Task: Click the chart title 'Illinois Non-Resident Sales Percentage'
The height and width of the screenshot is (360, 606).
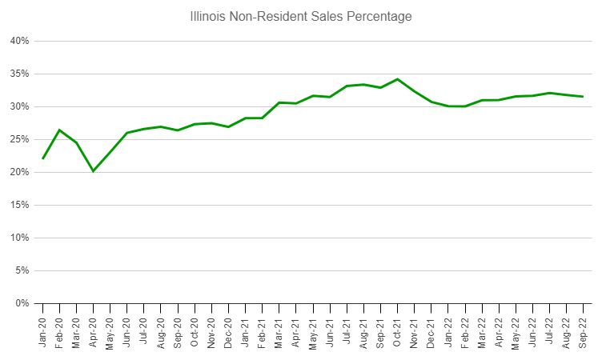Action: click(300, 16)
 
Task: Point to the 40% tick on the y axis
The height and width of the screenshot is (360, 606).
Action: click(20, 41)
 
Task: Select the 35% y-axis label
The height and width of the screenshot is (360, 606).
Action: click(20, 74)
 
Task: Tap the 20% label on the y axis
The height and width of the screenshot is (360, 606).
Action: click(20, 172)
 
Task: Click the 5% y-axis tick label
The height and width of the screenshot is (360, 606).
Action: click(22, 270)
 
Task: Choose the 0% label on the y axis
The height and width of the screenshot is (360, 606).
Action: click(22, 303)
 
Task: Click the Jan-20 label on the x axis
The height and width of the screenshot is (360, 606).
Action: click(42, 329)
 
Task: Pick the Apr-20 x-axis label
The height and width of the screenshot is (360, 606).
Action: click(93, 329)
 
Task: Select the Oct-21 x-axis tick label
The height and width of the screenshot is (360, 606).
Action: click(397, 329)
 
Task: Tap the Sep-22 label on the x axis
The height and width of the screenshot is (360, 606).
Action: click(583, 329)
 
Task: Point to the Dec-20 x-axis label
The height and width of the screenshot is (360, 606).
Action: click(228, 329)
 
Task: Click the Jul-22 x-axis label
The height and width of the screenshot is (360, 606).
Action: click(549, 329)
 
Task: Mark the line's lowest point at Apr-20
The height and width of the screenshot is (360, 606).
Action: click(93, 170)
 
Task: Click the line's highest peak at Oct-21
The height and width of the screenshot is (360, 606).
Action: click(397, 79)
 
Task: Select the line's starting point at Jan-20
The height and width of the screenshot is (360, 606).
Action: click(42, 158)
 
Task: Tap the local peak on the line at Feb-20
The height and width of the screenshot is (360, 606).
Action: click(59, 130)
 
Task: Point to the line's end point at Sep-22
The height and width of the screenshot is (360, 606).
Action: click(583, 97)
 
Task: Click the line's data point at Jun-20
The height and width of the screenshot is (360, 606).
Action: click(126, 133)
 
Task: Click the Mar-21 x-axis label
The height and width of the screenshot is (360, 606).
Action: click(279, 329)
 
